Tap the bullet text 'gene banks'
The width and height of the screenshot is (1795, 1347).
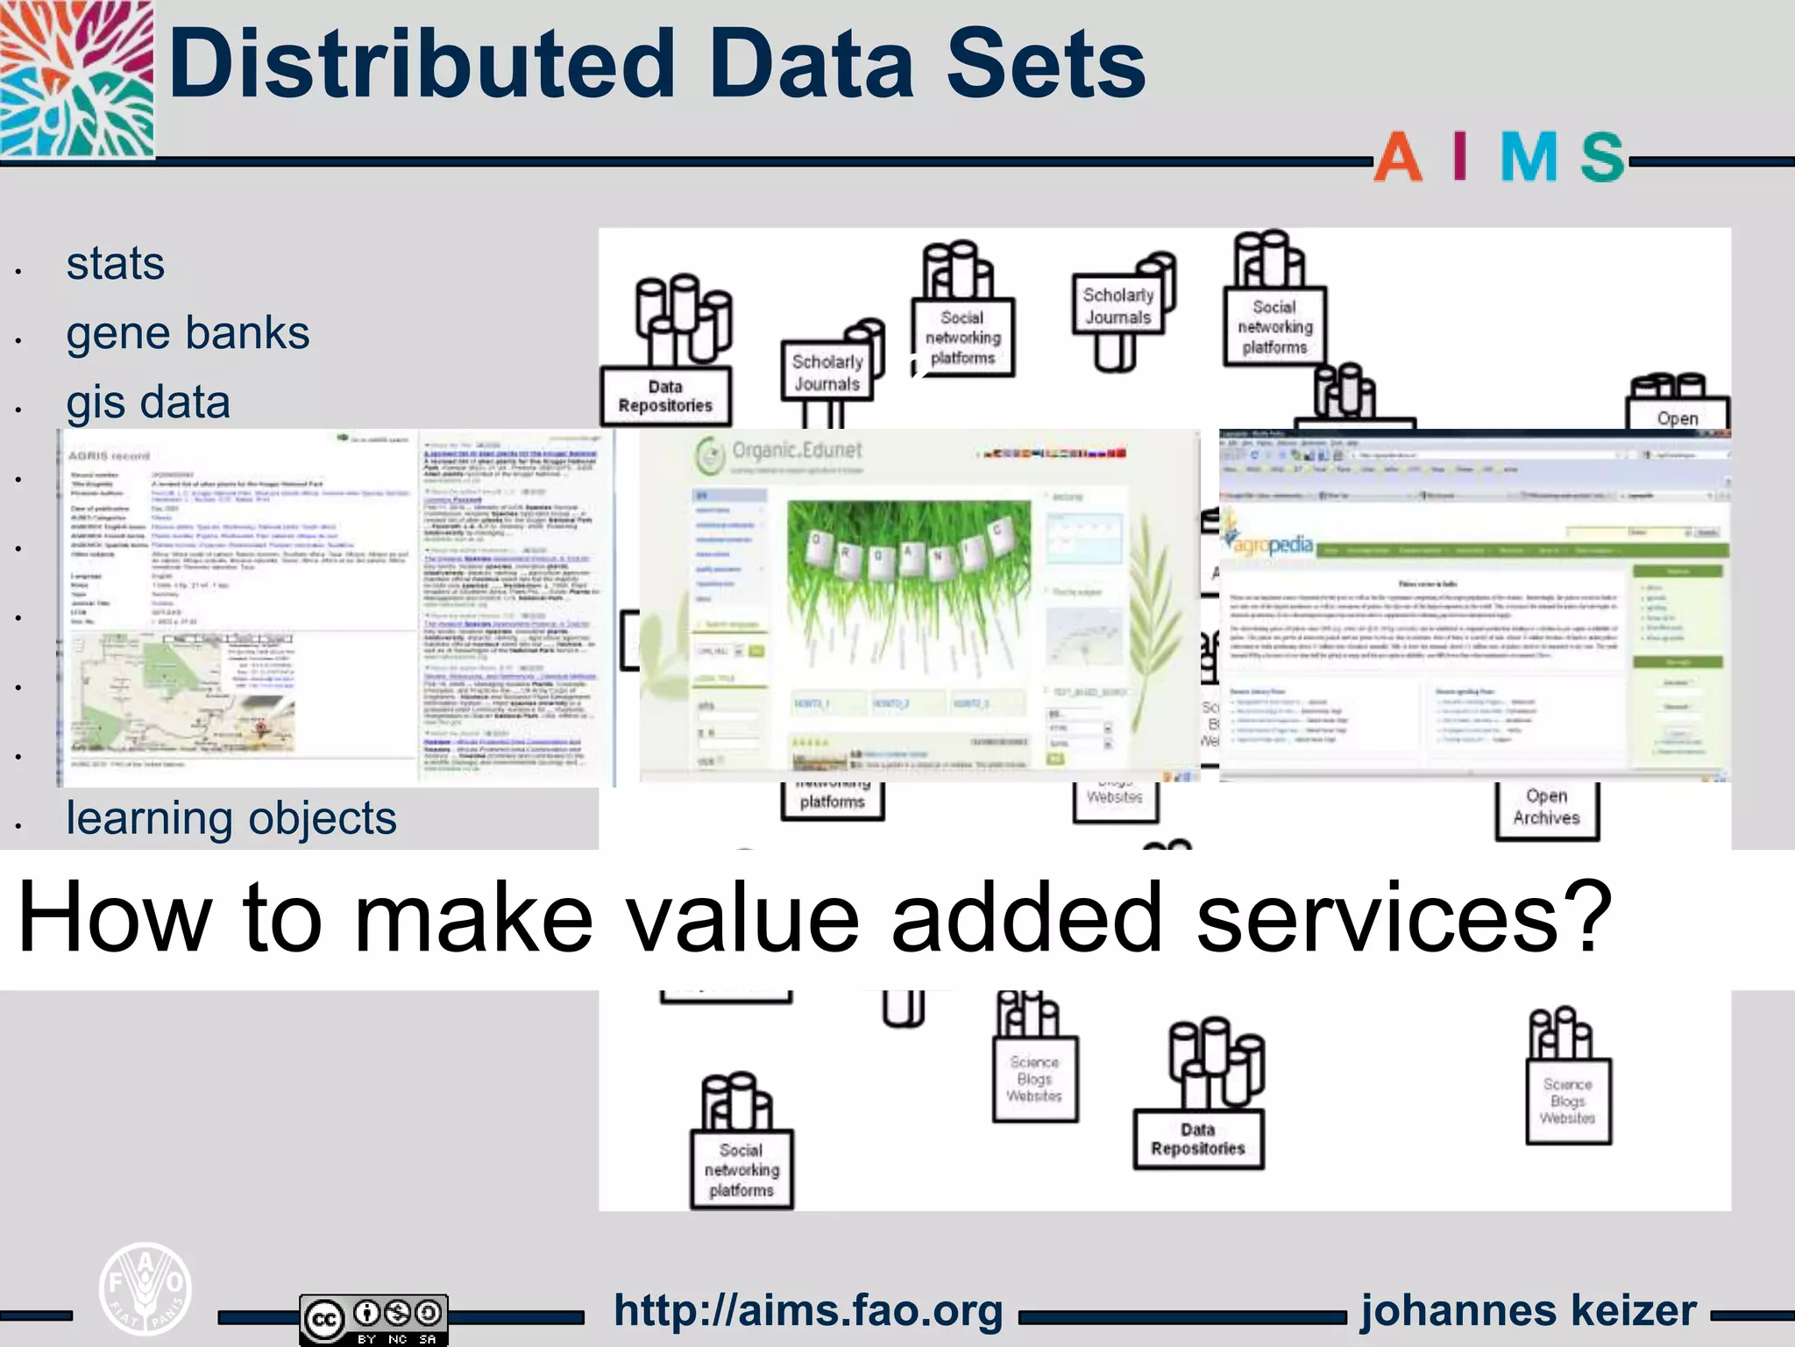[188, 333]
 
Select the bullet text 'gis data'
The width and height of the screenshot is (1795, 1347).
[148, 403]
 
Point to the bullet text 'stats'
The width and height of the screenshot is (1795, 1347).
[115, 264]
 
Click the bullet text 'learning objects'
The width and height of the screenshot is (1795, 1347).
[231, 818]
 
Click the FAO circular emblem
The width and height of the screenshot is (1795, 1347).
[145, 1287]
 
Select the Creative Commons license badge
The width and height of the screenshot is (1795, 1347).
[374, 1319]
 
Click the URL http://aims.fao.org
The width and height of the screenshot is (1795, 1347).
[808, 1311]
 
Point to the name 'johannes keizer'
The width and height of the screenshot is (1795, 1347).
[1529, 1311]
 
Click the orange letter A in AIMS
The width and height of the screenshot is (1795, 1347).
[1397, 158]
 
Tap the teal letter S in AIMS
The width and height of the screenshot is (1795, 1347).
[1603, 158]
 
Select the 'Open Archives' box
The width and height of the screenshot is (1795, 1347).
[1546, 808]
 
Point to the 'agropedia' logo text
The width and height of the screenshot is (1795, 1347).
[1273, 545]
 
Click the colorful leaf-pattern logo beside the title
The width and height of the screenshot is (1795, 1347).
[77, 79]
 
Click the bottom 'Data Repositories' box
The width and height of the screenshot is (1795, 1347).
[1198, 1139]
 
